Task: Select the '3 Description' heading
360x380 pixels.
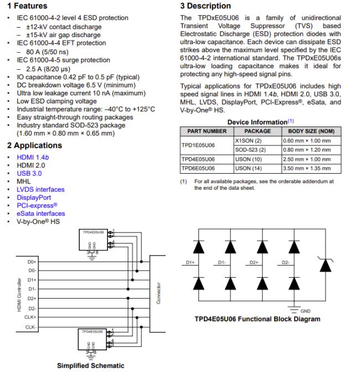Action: (x=205, y=6)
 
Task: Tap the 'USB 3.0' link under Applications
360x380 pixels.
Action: (x=29, y=173)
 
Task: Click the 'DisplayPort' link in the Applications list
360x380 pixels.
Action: (x=34, y=197)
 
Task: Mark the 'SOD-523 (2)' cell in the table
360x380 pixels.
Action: (x=251, y=150)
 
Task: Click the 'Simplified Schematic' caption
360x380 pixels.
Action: (x=90, y=366)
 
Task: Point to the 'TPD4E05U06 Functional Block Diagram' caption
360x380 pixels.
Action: (x=257, y=319)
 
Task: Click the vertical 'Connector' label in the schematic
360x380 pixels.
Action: (x=159, y=294)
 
